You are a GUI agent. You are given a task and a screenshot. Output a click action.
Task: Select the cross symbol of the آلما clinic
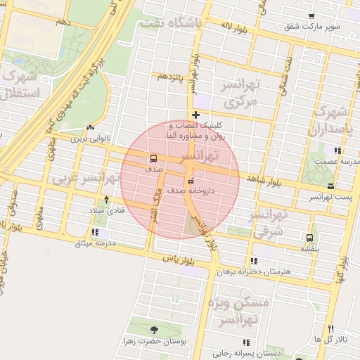195,115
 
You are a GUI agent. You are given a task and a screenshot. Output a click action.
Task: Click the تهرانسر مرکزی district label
241,94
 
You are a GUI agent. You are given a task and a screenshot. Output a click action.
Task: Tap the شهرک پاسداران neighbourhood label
333,121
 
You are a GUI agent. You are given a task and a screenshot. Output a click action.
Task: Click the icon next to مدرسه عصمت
337,150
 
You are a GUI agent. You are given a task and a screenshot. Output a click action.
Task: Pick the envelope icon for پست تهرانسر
330,186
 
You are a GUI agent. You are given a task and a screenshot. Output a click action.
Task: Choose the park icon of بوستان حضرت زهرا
154,328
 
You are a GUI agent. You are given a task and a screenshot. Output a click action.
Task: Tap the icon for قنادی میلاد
106,200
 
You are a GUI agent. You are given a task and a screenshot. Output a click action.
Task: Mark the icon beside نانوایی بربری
89,128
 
